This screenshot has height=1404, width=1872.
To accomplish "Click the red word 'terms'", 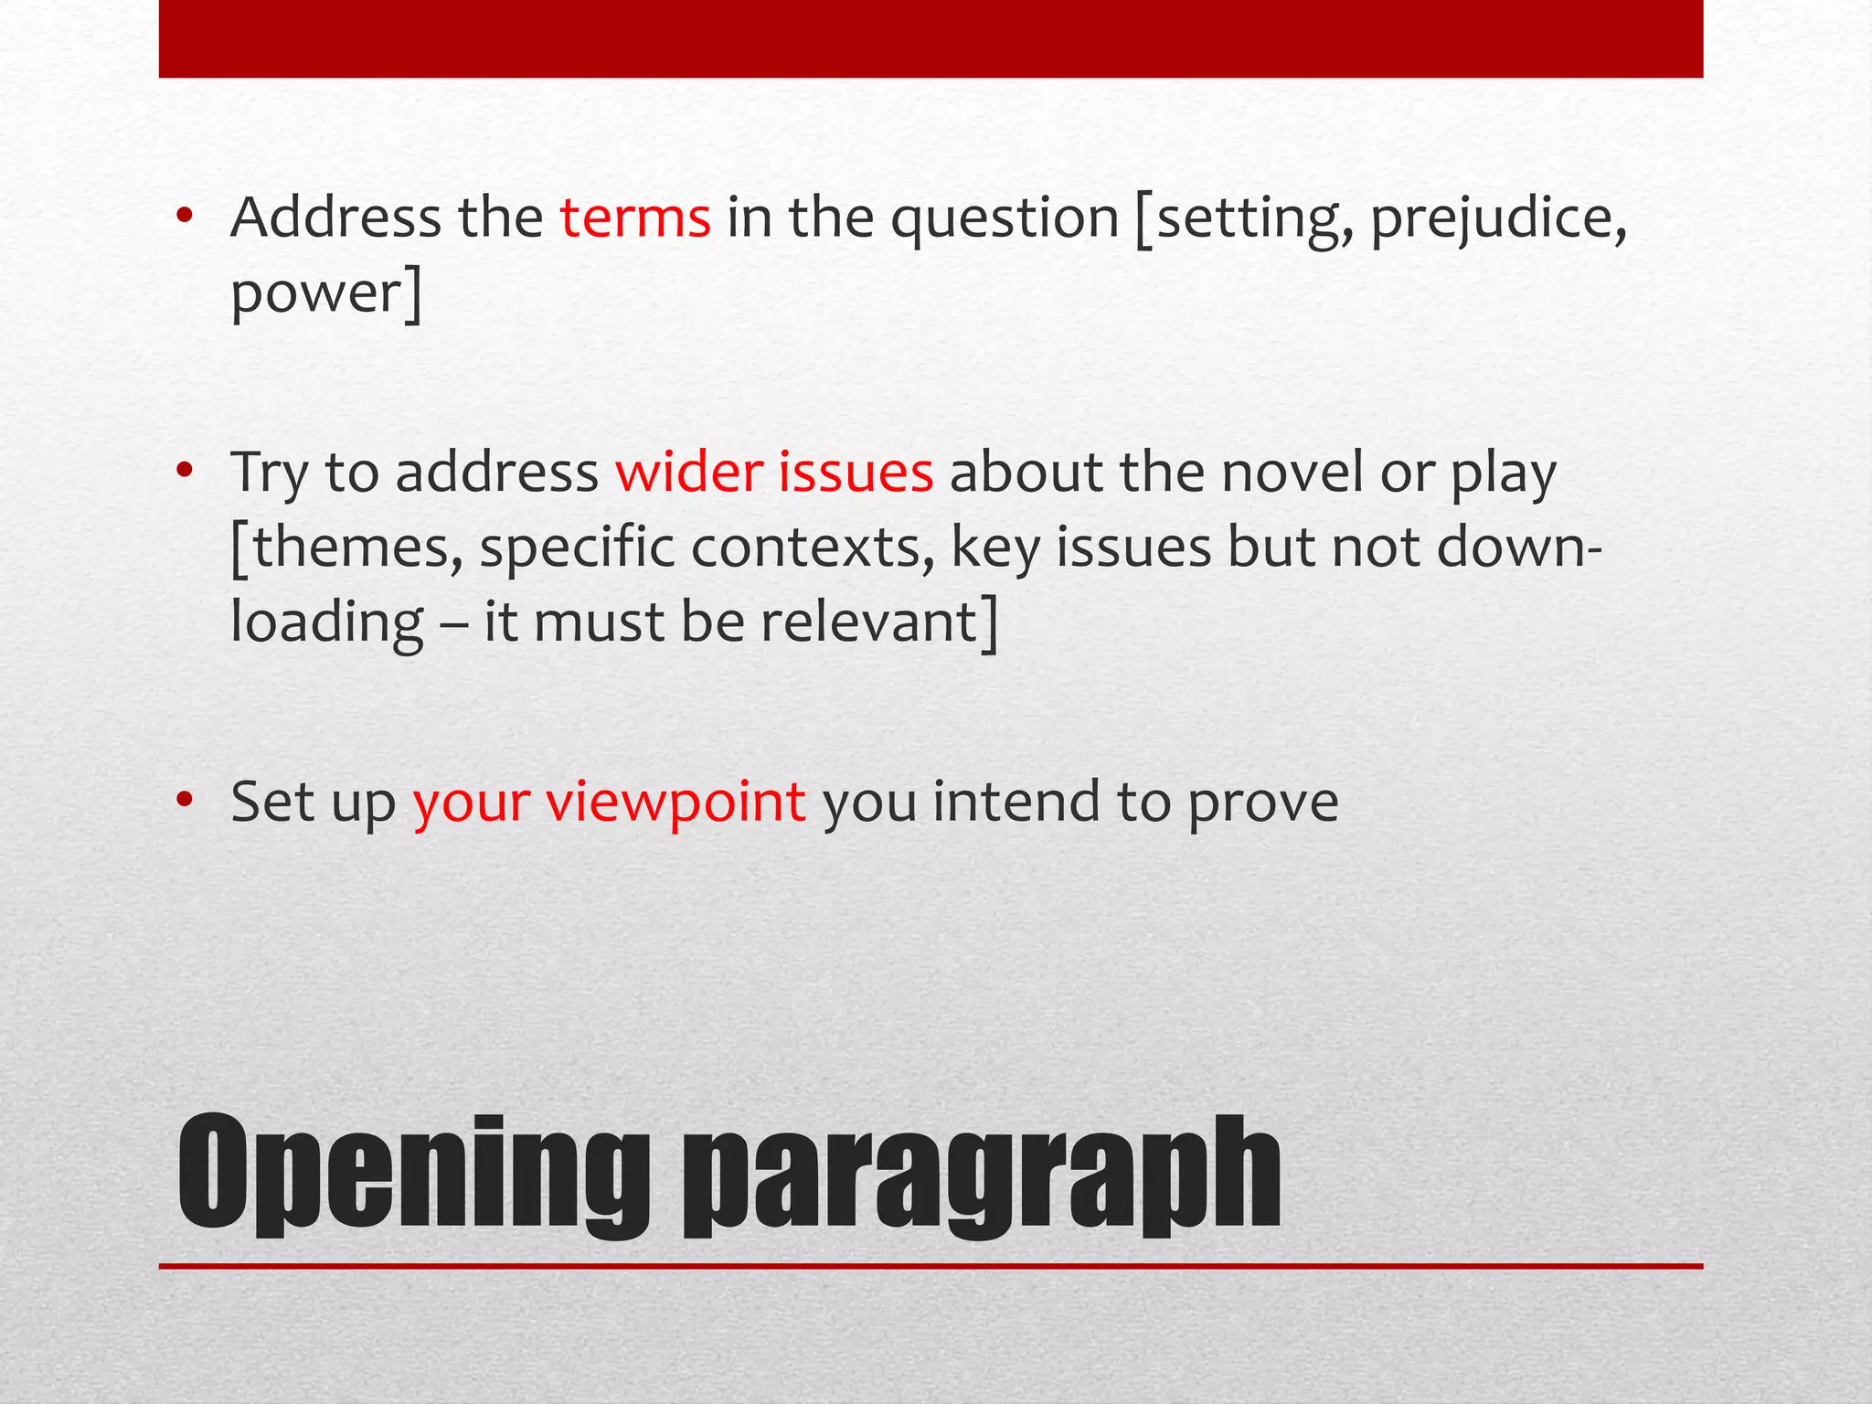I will (635, 219).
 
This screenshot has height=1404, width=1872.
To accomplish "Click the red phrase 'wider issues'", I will (774, 473).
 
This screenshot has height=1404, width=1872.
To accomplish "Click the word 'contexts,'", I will (813, 548).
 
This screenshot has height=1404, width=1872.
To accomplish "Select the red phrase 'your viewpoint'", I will (609, 802).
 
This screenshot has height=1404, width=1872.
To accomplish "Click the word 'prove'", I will (1263, 803).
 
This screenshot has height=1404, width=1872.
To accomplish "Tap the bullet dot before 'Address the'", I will (186, 217).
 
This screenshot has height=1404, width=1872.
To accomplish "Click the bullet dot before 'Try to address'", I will (186, 472).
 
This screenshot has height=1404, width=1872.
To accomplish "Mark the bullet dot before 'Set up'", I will (186, 801).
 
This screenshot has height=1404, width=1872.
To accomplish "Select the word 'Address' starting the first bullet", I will (336, 218).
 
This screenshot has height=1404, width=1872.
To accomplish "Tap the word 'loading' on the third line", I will (327, 624).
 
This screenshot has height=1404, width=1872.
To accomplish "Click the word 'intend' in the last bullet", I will (1016, 802).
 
